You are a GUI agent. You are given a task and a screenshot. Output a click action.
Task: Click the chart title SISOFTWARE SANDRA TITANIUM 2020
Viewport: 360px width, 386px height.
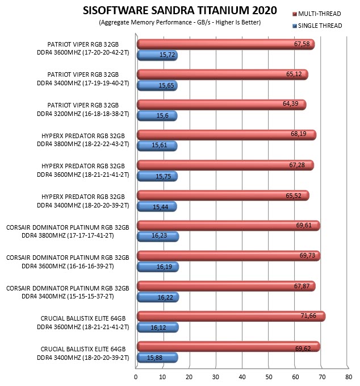click(180, 11)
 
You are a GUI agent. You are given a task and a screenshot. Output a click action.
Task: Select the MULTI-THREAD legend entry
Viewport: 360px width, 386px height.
click(316, 14)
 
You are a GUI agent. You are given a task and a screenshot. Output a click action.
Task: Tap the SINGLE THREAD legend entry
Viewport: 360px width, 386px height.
click(317, 26)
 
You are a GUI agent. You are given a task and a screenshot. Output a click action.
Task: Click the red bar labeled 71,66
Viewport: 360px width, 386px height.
click(231, 316)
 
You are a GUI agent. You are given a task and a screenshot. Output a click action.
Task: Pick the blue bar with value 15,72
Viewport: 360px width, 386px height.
click(157, 55)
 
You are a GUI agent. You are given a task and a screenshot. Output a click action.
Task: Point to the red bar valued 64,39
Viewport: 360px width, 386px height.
click(221, 105)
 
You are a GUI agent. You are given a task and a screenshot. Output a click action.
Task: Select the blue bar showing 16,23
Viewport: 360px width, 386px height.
click(158, 236)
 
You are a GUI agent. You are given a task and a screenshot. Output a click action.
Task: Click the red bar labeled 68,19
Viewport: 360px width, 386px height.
click(227, 135)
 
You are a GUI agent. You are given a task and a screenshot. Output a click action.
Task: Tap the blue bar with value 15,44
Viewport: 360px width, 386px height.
click(157, 206)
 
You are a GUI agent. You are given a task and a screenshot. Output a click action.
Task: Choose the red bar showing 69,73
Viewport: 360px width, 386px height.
click(228, 256)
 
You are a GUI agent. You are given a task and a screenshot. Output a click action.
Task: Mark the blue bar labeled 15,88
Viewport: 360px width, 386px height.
click(157, 358)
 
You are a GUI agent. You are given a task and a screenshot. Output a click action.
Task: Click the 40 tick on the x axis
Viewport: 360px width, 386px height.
click(242, 377)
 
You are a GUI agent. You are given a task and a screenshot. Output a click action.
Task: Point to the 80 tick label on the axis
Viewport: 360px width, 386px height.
click(349, 377)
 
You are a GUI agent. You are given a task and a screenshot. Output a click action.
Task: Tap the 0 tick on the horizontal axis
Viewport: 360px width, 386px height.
click(136, 377)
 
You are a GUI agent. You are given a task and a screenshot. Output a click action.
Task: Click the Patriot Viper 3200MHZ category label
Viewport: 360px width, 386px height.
click(83, 110)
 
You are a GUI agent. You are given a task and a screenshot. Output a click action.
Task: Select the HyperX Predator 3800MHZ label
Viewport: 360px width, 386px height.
click(83, 140)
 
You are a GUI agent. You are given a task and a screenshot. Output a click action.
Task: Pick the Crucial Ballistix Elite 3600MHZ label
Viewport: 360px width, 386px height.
click(83, 323)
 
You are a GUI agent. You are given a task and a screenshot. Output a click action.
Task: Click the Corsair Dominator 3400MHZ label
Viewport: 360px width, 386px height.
click(68, 292)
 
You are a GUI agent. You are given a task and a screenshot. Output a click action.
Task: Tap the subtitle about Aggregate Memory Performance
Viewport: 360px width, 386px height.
click(180, 22)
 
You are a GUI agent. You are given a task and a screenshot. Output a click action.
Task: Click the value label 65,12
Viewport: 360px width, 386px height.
click(294, 74)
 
